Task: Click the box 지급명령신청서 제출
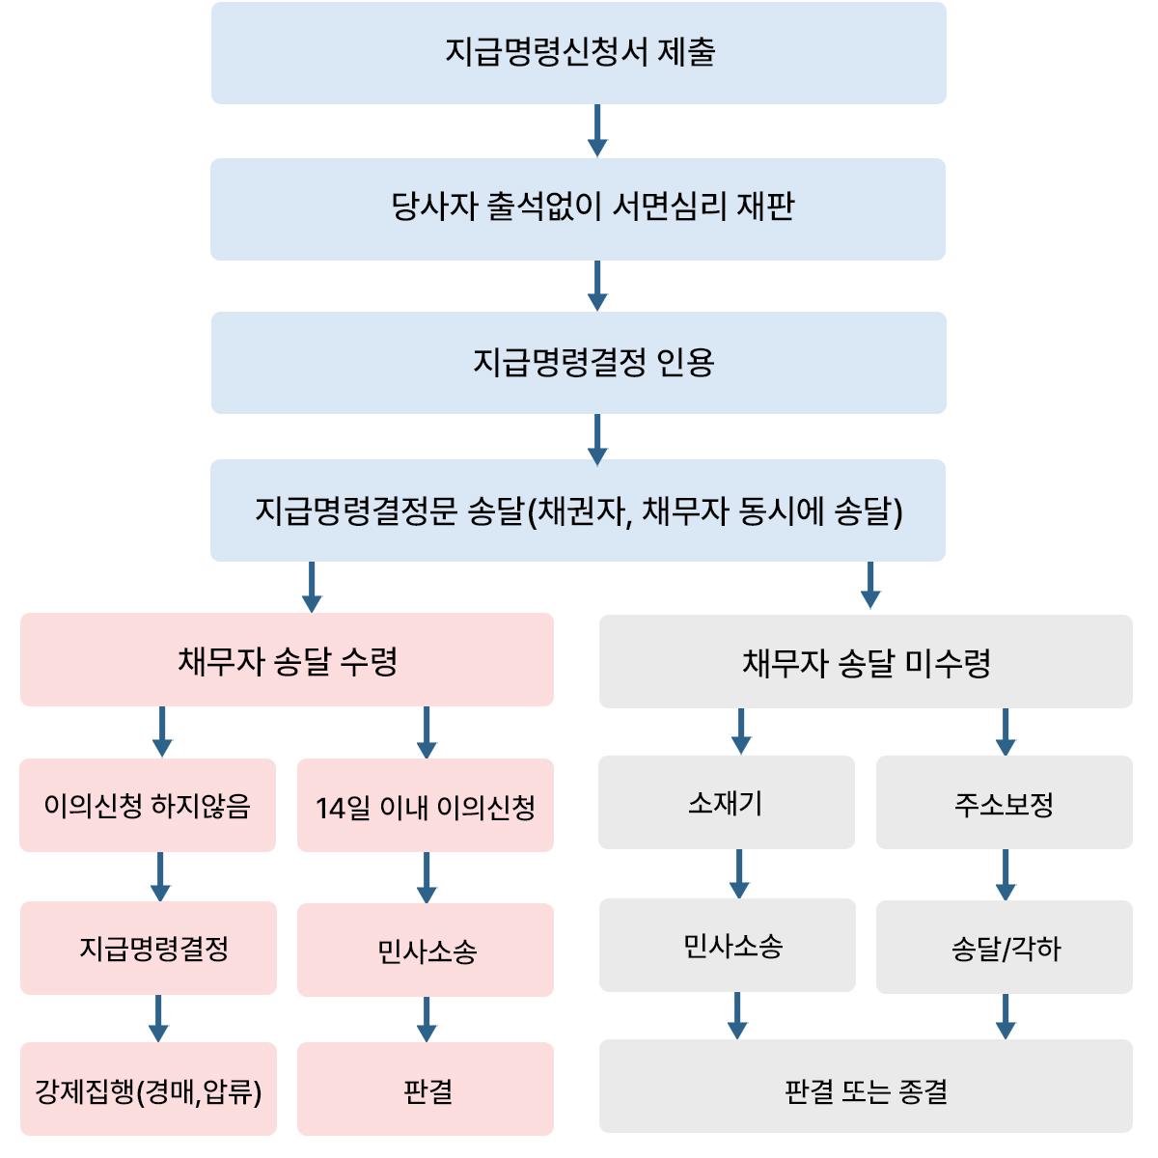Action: click(x=578, y=53)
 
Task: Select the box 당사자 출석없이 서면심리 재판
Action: click(x=577, y=209)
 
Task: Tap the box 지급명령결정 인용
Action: click(x=578, y=363)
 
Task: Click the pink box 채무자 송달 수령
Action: click(x=287, y=659)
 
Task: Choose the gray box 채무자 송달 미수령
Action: click(x=866, y=661)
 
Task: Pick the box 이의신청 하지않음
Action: click(x=148, y=805)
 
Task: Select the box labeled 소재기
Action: click(x=726, y=802)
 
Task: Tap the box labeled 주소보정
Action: click(x=1005, y=802)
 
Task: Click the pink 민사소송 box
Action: click(x=425, y=950)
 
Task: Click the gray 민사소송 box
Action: click(x=728, y=945)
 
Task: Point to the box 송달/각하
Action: click(x=1005, y=947)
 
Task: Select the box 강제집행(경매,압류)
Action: click(x=149, y=1089)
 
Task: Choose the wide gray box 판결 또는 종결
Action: click(x=866, y=1086)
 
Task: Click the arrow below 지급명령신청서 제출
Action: click(x=596, y=130)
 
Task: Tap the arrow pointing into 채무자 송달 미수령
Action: click(x=870, y=586)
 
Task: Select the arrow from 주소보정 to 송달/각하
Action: click(x=1006, y=874)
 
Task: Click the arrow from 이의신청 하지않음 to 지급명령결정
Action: click(x=160, y=876)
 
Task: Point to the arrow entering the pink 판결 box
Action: click(x=427, y=1019)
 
